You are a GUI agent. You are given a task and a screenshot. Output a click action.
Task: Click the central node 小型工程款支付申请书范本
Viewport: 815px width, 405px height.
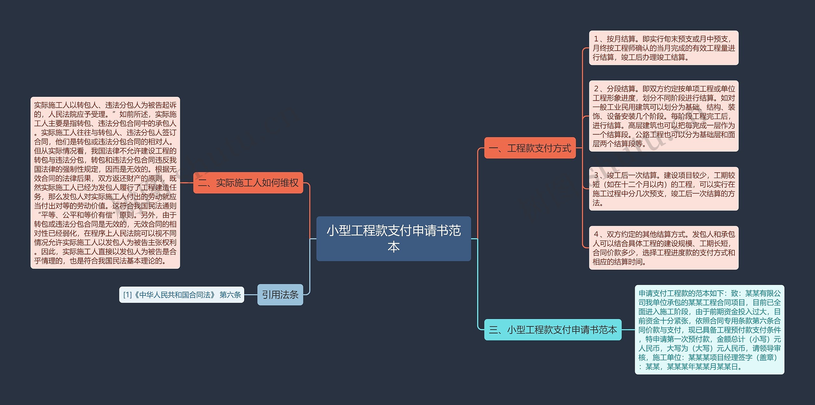click(x=393, y=238)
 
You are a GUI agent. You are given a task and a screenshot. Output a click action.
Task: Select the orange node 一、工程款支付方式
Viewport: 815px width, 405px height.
click(x=530, y=148)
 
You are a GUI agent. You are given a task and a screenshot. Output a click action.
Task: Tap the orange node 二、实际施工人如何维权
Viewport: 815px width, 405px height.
click(x=248, y=183)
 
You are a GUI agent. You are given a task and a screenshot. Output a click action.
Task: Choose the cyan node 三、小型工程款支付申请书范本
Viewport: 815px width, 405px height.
click(x=553, y=330)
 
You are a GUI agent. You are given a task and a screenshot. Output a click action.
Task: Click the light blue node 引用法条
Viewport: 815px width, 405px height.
click(x=280, y=295)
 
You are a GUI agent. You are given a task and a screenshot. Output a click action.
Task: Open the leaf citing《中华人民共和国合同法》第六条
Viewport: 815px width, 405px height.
click(x=181, y=295)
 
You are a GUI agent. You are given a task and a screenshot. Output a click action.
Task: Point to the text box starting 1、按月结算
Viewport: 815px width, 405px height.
click(x=663, y=48)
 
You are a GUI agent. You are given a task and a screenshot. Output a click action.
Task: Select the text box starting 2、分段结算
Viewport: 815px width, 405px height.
click(x=663, y=116)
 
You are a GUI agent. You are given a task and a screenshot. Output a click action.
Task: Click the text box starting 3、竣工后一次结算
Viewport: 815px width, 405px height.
click(x=663, y=188)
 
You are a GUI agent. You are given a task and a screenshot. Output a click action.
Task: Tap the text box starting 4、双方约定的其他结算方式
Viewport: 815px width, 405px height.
click(x=663, y=248)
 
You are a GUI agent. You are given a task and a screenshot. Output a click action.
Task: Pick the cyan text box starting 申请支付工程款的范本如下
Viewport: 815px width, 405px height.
click(x=709, y=330)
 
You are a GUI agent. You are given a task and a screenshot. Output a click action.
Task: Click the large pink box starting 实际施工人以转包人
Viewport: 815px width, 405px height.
click(x=105, y=183)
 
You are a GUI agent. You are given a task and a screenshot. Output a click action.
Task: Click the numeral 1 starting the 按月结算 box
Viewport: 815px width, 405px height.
click(x=596, y=39)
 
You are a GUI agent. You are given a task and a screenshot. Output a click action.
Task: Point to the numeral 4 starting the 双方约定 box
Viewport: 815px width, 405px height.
click(x=596, y=234)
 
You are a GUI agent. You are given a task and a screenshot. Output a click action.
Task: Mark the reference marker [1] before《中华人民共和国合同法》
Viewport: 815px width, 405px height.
click(x=127, y=295)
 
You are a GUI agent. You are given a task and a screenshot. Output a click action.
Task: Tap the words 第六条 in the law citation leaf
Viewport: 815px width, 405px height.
click(x=230, y=295)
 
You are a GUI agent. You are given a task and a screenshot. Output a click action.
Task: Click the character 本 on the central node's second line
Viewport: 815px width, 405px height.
click(x=393, y=247)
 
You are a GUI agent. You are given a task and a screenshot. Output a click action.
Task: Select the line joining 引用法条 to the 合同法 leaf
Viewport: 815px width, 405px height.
click(x=251, y=295)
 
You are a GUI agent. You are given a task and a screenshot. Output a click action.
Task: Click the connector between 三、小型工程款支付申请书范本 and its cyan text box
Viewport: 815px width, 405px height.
click(x=628, y=330)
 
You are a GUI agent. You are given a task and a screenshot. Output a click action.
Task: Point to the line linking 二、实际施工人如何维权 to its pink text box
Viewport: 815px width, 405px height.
click(x=187, y=183)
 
